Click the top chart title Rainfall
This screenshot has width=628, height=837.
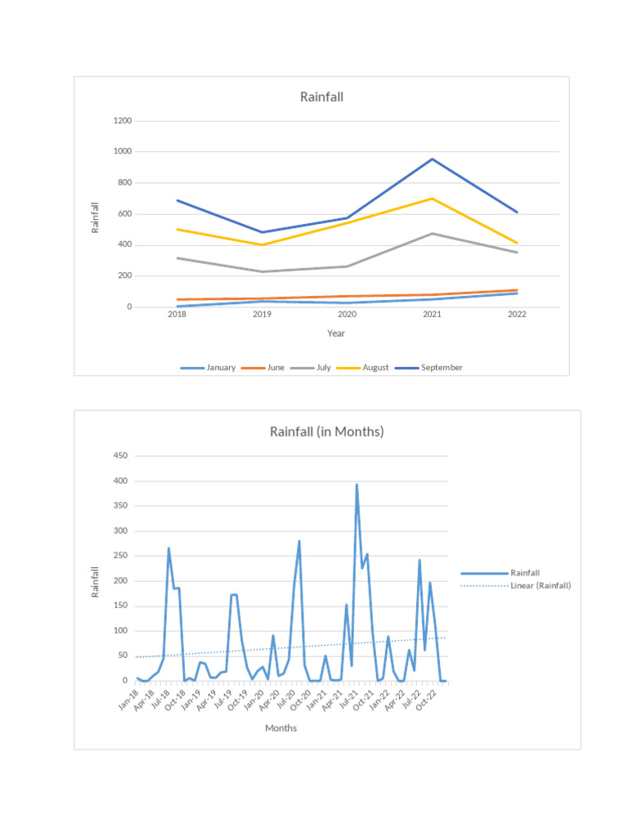click(321, 96)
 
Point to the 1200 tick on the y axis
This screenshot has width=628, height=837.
click(123, 121)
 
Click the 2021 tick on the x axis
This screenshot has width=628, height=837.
click(432, 314)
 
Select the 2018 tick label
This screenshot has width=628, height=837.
click(177, 314)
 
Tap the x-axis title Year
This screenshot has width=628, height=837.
click(336, 333)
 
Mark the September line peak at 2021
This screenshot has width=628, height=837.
click(432, 159)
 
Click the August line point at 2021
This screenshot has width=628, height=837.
click(432, 199)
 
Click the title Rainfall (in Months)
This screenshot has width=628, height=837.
click(326, 432)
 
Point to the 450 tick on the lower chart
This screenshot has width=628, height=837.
click(120, 456)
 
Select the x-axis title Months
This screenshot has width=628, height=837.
click(280, 728)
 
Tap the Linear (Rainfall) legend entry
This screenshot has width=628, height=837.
click(540, 585)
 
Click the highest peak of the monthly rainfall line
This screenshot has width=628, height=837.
click(357, 485)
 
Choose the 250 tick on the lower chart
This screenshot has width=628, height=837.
click(120, 556)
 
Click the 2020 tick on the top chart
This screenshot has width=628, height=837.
click(347, 314)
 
